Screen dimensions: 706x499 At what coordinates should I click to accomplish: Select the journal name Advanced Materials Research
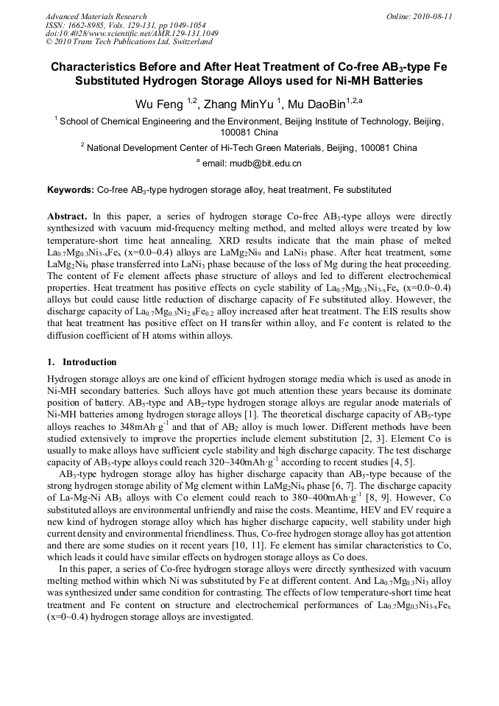(x=96, y=16)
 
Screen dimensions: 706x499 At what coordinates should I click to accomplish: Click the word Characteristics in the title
(x=96, y=66)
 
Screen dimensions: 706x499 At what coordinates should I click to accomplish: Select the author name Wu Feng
(x=160, y=104)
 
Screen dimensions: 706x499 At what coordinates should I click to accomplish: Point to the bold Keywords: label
(x=71, y=190)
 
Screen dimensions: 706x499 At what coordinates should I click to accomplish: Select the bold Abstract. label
(x=68, y=217)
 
